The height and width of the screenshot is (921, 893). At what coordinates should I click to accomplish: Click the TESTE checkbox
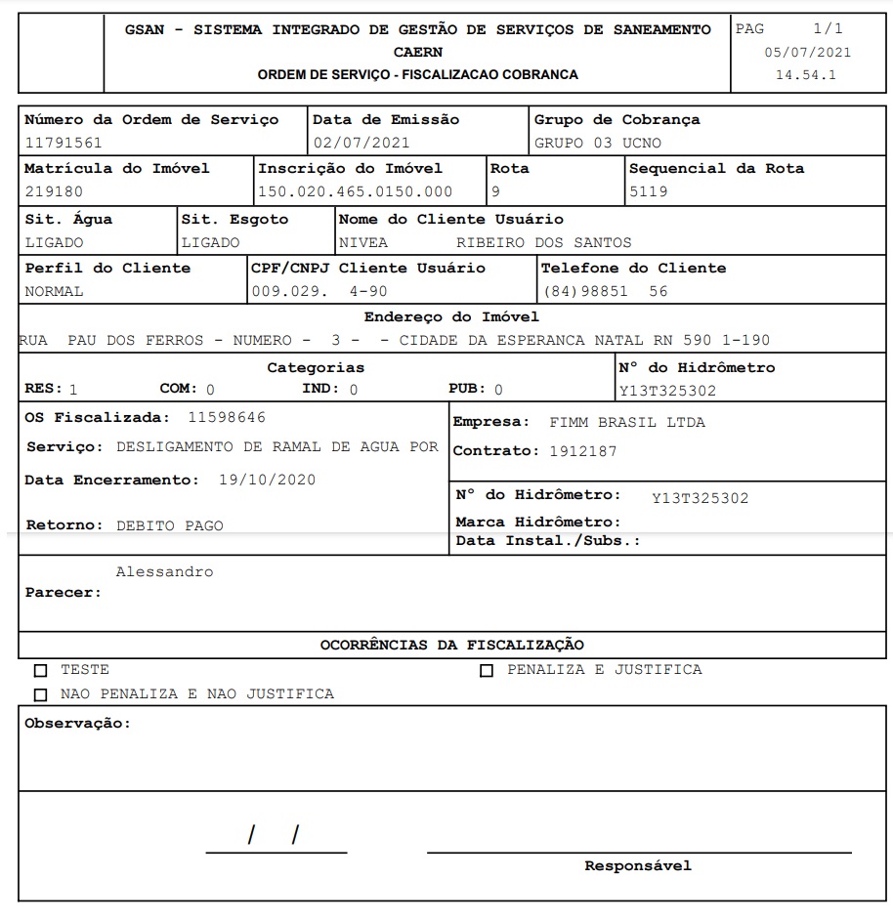40,671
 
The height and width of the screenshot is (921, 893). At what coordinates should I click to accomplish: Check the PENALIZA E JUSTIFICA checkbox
487,671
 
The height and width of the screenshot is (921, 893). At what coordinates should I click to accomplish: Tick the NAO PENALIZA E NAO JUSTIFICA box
40,695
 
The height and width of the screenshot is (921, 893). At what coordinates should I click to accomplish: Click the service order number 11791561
64,143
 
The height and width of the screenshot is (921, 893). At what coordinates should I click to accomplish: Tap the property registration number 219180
54,191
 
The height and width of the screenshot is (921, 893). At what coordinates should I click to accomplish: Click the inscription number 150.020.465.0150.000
356,191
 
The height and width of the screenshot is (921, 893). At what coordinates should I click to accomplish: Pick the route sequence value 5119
649,191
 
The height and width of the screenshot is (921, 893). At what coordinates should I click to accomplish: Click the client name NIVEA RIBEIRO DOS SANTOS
485,242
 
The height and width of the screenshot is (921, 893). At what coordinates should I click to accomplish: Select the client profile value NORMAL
54,291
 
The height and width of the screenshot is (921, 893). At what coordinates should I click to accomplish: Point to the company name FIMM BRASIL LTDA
627,423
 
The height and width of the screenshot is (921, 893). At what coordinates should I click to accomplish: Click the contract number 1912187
583,451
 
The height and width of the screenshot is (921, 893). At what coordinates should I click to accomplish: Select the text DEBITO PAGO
170,525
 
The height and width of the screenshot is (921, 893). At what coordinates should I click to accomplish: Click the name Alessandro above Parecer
164,571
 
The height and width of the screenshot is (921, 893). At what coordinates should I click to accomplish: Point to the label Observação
77,724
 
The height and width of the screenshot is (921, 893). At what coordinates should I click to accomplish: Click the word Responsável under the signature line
638,865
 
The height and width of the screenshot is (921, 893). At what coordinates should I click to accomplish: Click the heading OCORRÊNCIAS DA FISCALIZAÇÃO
452,645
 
